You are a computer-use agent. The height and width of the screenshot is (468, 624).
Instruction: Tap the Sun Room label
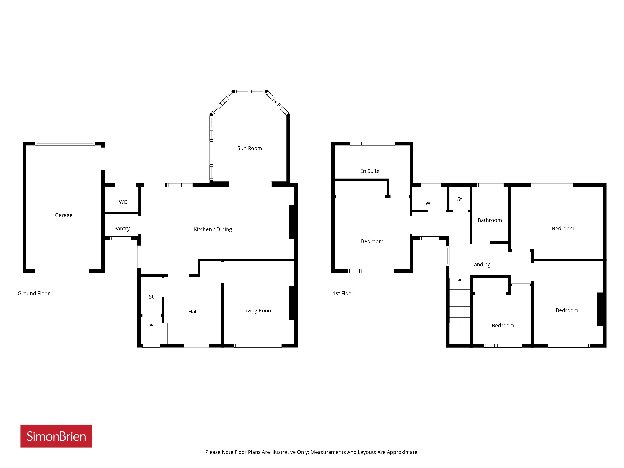coord(250,148)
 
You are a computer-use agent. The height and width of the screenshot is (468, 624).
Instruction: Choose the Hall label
coord(193,312)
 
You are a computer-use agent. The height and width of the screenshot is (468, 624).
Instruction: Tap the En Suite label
coord(370,171)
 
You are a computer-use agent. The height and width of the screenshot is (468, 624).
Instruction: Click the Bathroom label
coord(490,220)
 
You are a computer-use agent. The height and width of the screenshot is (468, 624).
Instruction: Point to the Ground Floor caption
coord(34,293)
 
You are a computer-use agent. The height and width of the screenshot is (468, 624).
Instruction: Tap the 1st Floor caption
coord(343,293)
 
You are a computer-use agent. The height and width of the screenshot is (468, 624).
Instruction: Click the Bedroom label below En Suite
coord(372,241)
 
